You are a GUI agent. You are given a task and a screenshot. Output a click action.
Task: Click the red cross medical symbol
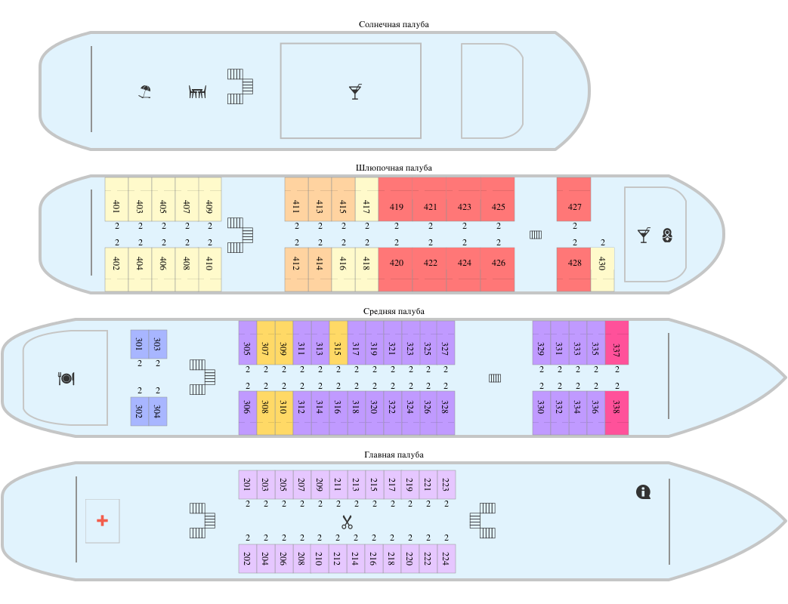(102, 521)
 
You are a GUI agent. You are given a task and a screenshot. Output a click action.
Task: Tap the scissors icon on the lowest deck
(347, 522)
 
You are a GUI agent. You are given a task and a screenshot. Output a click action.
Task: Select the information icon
(644, 492)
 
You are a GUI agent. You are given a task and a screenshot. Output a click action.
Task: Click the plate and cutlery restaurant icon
(66, 378)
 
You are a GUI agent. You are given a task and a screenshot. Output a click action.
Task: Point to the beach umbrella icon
(145, 92)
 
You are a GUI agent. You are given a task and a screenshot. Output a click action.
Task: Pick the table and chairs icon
(197, 92)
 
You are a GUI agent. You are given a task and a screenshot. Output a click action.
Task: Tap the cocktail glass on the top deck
(355, 92)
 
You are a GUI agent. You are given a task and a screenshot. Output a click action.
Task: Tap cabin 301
(139, 344)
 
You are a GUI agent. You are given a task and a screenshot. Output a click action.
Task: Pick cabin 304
(157, 411)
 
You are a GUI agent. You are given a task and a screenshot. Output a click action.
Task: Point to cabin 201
(247, 485)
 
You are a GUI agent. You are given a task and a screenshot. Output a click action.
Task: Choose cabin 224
(446, 559)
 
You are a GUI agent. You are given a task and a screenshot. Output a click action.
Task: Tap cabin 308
(265, 412)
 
